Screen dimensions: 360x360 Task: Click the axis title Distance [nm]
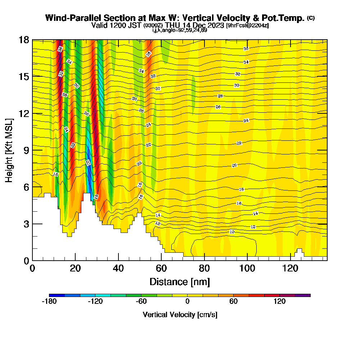click(x=180, y=282)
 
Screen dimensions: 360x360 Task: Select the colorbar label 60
click(x=233, y=301)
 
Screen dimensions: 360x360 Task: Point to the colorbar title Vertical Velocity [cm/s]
click(x=180, y=315)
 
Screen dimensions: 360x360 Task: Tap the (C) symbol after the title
click(x=311, y=18)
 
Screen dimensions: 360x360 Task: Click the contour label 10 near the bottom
click(x=232, y=232)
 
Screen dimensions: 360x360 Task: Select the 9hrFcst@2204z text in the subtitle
click(x=247, y=26)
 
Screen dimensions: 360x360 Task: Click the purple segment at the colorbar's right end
click(x=303, y=295)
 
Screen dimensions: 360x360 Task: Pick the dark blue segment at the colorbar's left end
click(x=57, y=295)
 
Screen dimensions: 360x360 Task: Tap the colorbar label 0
click(x=187, y=301)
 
